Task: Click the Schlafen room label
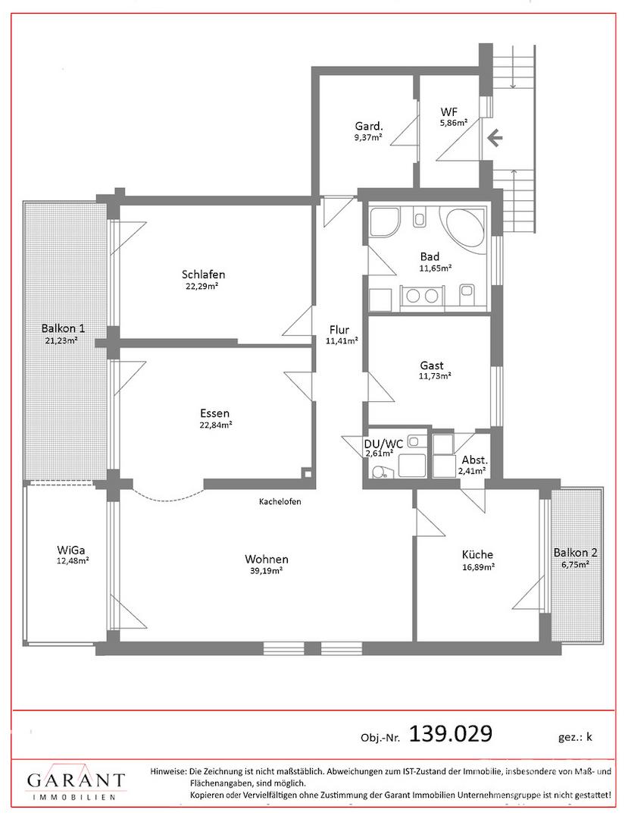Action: click(204, 275)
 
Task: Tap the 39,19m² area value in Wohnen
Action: click(267, 570)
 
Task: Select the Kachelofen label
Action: click(280, 502)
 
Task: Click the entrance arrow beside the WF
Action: click(495, 139)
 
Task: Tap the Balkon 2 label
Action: click(576, 553)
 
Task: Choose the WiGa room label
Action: click(71, 550)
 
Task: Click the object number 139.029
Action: click(451, 733)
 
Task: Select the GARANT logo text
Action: click(77, 780)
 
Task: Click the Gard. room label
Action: click(369, 126)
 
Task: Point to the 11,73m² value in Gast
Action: click(435, 375)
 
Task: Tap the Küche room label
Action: click(477, 554)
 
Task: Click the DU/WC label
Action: click(383, 444)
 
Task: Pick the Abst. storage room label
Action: click(475, 461)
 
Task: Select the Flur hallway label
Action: click(339, 330)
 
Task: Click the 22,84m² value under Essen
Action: click(215, 425)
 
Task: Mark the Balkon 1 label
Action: click(63, 328)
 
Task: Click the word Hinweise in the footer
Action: click(168, 771)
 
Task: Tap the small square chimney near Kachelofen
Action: click(308, 474)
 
